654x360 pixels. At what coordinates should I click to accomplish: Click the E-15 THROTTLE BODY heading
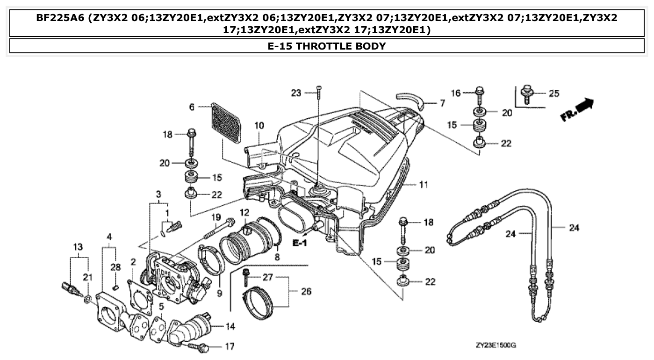pos(327,46)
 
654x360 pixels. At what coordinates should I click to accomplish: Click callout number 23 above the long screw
pos(295,93)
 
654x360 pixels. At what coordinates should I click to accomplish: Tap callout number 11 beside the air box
pos(423,185)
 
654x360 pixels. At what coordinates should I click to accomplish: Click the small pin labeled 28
pos(117,287)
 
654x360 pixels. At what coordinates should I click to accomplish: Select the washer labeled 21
pos(87,298)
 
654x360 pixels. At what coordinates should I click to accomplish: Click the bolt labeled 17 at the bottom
pos(201,347)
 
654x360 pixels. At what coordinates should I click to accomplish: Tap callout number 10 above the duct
pos(259,125)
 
